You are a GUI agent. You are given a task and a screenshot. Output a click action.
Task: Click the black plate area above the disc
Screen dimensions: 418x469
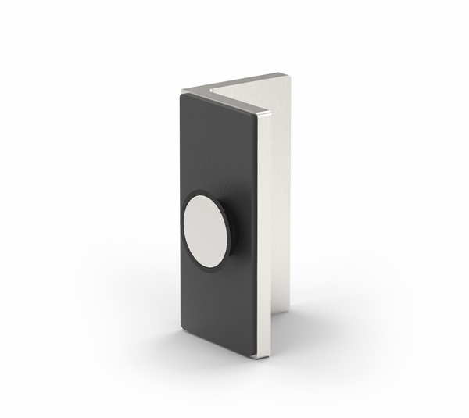219,148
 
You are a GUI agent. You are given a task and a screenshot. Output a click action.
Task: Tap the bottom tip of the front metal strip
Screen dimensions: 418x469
265,356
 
